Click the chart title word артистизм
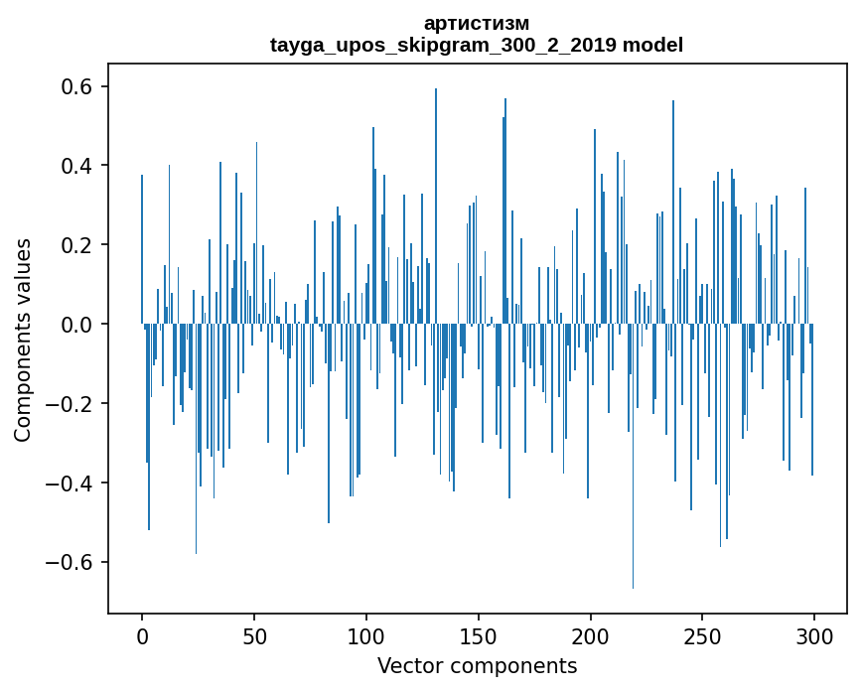[477, 23]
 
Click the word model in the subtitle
[652, 45]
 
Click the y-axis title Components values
[23, 340]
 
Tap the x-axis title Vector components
[477, 665]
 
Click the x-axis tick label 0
[142, 636]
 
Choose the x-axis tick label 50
[254, 636]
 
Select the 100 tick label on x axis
[366, 636]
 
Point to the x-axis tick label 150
[479, 636]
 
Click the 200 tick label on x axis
[591, 636]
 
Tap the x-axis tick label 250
[703, 636]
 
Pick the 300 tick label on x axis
[814, 636]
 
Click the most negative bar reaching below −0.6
[634, 496]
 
